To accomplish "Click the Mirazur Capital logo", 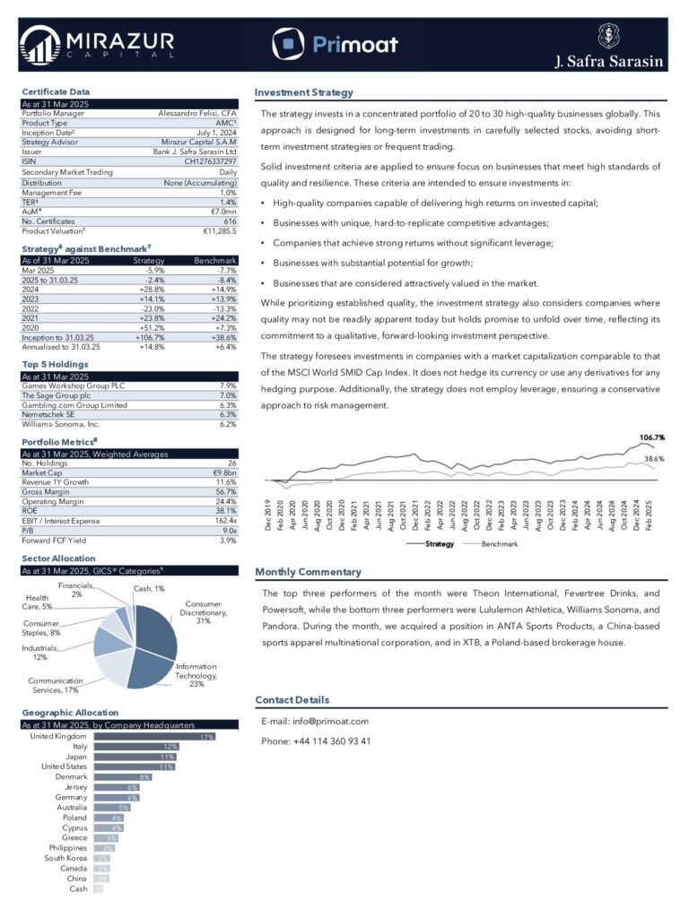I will point(97,44).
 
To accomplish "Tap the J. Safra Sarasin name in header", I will point(608,62).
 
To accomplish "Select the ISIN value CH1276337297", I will point(210,161).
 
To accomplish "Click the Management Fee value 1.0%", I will point(228,193).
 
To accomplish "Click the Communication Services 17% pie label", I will point(55,686).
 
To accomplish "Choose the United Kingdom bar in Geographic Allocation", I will point(154,737).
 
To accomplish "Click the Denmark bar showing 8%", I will point(122,777).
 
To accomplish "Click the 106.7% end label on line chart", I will point(651,437).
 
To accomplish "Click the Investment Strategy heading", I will point(304,92).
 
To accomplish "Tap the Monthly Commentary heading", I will point(309,572).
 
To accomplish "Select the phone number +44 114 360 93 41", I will point(316,741).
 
